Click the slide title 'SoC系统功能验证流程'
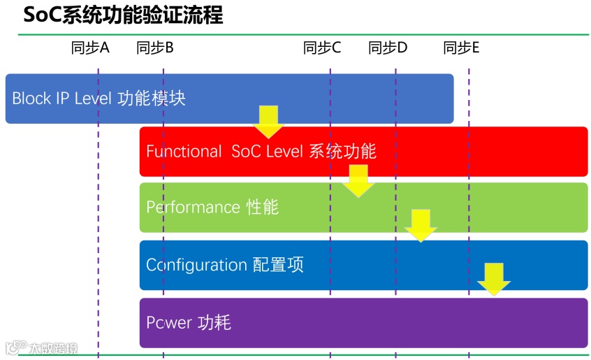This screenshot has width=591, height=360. (x=124, y=15)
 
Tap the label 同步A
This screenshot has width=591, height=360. (x=90, y=48)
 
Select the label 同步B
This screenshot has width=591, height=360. (x=155, y=48)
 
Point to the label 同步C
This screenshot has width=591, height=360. (x=322, y=48)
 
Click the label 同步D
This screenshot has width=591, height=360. (x=388, y=48)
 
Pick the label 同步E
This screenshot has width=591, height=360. (x=461, y=48)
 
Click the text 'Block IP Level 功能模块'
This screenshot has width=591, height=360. (x=98, y=98)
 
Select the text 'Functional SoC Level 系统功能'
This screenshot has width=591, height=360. (x=261, y=151)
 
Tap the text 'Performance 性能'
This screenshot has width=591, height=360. (x=212, y=207)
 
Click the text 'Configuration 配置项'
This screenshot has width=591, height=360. (x=225, y=265)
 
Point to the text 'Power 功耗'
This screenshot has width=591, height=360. (x=189, y=322)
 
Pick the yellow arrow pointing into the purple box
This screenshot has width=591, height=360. (x=494, y=279)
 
